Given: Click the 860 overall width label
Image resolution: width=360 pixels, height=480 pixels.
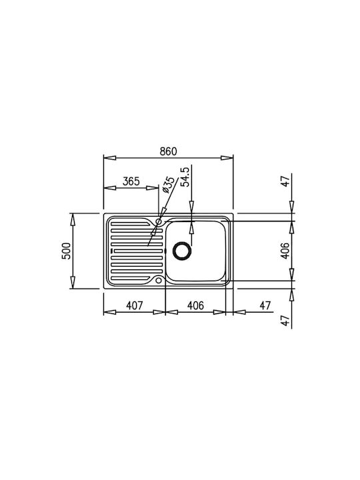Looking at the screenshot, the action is click(169, 151).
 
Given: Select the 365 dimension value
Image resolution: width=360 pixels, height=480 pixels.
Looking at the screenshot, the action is click(131, 181).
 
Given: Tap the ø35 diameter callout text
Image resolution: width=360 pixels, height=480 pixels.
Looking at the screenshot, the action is click(168, 185).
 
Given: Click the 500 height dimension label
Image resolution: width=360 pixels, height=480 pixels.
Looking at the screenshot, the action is click(66, 251).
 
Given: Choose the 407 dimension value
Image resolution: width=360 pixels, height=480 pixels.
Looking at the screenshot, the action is click(135, 305).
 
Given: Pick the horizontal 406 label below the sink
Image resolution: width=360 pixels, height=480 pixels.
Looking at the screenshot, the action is click(195, 305).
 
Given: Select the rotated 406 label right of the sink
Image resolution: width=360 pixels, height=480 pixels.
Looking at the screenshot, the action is click(285, 251).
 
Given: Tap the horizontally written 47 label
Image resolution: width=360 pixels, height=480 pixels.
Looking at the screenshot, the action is click(265, 305).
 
